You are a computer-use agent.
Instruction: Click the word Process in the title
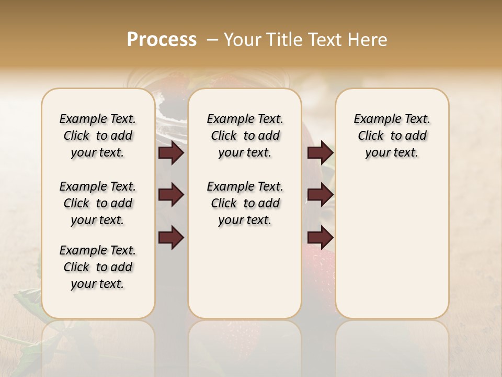[x=162, y=40]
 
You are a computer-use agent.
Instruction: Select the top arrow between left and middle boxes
[x=171, y=153]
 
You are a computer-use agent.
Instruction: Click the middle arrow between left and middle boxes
[x=171, y=195]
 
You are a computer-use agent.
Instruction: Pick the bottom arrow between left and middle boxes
[x=171, y=238]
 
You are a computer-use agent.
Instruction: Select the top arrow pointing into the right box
[x=320, y=153]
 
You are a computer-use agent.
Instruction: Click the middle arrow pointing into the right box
[x=320, y=195]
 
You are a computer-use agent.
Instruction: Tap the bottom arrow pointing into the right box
[x=320, y=238]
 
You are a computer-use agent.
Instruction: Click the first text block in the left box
[x=98, y=136]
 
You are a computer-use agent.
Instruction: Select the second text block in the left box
[x=98, y=203]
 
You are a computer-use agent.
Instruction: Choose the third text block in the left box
[x=98, y=267]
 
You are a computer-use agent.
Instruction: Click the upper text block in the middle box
[x=245, y=136]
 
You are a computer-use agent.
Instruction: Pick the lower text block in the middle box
[x=245, y=203]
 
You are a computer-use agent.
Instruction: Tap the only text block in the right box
[x=392, y=136]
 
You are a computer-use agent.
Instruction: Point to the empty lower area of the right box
[x=392, y=246]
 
